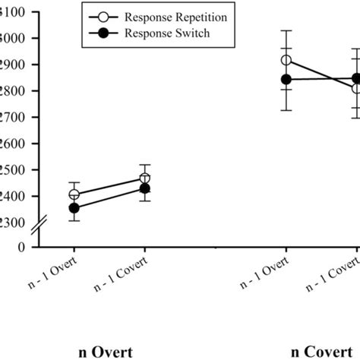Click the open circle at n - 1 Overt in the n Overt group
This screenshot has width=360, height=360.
click(74, 194)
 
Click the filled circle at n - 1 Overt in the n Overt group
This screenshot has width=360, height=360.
click(74, 208)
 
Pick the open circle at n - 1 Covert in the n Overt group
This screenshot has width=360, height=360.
click(145, 178)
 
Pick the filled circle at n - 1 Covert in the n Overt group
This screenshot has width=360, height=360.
click(145, 188)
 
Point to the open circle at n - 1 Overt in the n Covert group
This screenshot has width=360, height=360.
click(286, 60)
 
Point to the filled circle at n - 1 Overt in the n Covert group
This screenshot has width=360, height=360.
click(286, 79)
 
